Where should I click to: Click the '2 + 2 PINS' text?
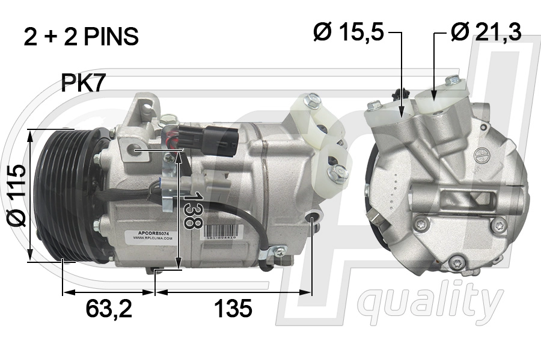coord(81,37)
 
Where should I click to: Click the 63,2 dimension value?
coord(109,309)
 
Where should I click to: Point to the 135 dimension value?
coord(233,309)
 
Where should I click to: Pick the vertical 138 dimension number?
coord(192,211)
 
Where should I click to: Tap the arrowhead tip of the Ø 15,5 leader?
coord(401,114)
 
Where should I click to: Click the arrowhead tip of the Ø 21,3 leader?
coord(433,97)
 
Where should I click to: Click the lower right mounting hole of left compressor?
coord(312,218)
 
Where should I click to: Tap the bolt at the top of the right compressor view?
coord(452,80)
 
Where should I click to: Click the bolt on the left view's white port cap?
coord(312,99)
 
